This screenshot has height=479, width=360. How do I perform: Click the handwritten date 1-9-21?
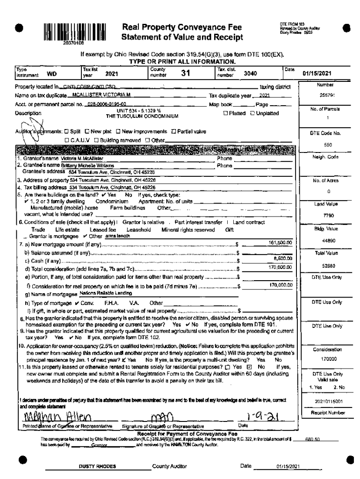[251, 415]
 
